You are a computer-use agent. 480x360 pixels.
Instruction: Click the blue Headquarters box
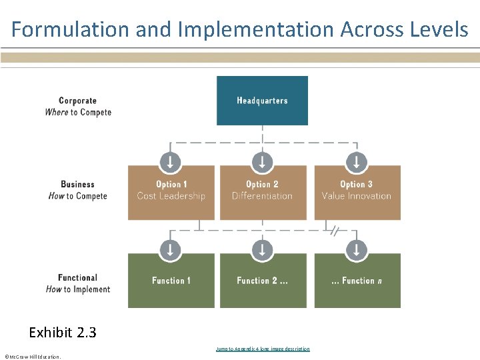(262, 101)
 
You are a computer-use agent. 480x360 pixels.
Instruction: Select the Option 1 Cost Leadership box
(171, 193)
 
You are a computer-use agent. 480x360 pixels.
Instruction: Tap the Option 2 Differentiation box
(263, 193)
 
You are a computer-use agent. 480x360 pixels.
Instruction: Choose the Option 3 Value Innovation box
(357, 193)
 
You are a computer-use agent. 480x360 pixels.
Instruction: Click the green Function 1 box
(171, 281)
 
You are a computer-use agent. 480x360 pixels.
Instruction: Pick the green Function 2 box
(263, 281)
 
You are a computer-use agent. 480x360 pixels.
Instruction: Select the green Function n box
(357, 281)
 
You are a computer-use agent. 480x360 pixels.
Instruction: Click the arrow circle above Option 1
(171, 161)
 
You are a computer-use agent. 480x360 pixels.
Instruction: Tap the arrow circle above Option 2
(262, 161)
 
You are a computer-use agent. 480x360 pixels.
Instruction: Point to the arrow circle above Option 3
(357, 161)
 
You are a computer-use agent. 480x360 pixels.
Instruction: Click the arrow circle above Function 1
(171, 250)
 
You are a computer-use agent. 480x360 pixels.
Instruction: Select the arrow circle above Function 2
(262, 250)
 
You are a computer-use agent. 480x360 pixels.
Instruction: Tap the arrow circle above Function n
(357, 250)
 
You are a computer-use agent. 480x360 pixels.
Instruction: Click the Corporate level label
(78, 107)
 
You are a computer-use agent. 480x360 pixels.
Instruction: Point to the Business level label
(78, 190)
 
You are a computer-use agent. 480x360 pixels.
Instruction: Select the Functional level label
(78, 283)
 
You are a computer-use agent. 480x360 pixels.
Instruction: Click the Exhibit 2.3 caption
(63, 332)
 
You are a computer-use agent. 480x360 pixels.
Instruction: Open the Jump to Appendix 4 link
(263, 349)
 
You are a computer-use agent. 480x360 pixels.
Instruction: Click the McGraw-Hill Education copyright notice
(32, 357)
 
